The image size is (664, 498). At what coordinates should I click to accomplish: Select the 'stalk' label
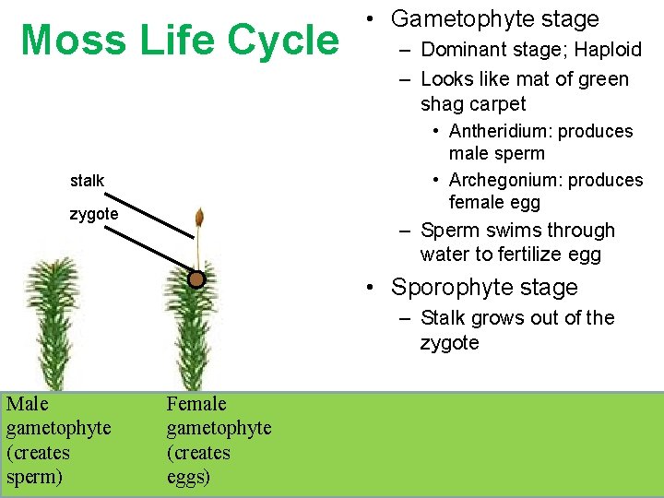coord(87,181)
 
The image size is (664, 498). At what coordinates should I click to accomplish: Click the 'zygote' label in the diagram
coord(94,214)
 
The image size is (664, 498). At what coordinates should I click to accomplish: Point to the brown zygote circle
coord(196,279)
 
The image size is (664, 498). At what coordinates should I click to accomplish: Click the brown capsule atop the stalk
coord(198,219)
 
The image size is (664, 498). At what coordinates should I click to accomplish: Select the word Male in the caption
coord(27,404)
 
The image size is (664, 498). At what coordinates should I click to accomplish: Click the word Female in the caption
coord(196,404)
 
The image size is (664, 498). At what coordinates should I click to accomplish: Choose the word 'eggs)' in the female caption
coord(188,478)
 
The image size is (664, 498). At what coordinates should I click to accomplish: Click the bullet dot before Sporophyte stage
coord(370,288)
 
